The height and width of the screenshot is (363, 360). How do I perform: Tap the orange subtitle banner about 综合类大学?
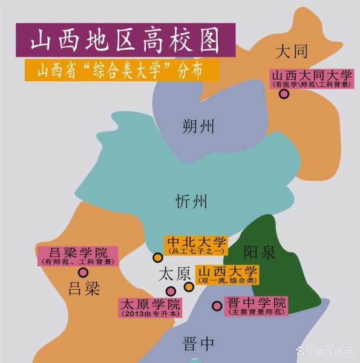(119, 71)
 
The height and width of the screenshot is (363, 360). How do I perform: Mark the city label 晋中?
(198, 344)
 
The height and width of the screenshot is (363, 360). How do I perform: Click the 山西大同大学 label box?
(311, 79)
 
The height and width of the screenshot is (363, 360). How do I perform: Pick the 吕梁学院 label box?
(77, 256)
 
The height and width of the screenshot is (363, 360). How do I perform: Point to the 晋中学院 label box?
(256, 306)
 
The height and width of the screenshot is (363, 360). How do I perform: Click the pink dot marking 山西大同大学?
(283, 94)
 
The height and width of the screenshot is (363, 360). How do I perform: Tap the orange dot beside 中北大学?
(158, 258)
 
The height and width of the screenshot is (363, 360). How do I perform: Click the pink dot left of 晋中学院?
(217, 306)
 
